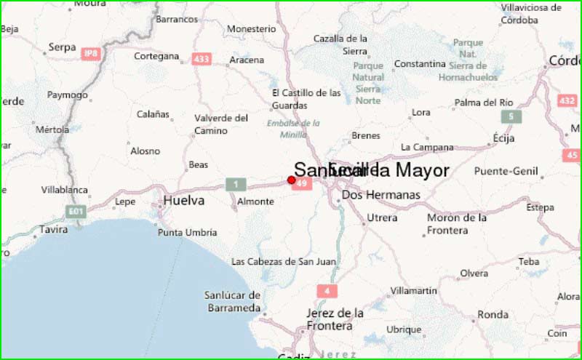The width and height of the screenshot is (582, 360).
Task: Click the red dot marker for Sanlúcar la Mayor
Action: coord(292,180)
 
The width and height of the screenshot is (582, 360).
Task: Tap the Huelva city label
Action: coord(184,200)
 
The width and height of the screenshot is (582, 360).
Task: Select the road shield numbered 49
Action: coord(302,184)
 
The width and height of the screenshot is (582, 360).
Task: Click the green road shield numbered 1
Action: coord(235,184)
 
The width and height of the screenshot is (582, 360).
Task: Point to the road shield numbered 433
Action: coord(202,58)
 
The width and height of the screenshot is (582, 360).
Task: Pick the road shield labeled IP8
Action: coord(91,53)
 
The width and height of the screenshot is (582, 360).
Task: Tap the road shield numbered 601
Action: coord(75,212)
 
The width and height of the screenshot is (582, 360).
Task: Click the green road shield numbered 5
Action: coord(511,116)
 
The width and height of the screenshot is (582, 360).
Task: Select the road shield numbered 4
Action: coord(327,291)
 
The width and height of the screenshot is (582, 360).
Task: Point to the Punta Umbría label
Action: coord(188,233)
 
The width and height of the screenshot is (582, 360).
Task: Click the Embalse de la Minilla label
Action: coord(293,129)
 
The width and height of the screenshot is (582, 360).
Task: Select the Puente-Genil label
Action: coord(504,172)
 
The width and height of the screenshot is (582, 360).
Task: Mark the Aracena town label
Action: coord(246,60)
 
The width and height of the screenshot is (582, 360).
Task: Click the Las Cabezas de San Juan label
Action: coord(283,261)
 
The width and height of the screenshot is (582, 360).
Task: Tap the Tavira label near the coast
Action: coord(52,229)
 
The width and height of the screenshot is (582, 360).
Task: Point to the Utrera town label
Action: coord(382,217)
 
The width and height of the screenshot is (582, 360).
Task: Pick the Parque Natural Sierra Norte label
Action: coord(368,83)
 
